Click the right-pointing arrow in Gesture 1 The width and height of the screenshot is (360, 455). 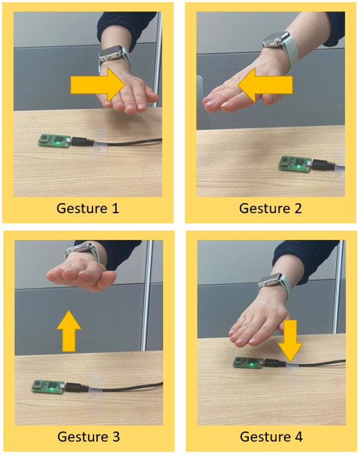tap(98, 85)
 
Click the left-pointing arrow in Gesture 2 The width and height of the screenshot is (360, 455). tap(265, 85)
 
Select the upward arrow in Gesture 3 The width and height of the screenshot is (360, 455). tap(69, 331)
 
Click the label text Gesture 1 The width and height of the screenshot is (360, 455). tap(88, 208)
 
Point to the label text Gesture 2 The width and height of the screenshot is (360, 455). tap(271, 208)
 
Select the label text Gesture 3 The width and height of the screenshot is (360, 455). tap(88, 437)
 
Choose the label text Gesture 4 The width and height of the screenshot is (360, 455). tap(271, 437)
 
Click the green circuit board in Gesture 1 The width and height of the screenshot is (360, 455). tap(55, 141)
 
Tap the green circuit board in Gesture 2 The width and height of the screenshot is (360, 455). tap(296, 164)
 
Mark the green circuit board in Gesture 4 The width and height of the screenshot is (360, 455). tap(248, 363)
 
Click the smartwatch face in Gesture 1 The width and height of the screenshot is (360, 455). tap(110, 53)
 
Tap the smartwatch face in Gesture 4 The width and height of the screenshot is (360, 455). tap(271, 280)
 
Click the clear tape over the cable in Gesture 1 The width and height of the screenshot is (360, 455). tap(98, 147)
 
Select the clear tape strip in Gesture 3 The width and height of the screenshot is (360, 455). tap(95, 393)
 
